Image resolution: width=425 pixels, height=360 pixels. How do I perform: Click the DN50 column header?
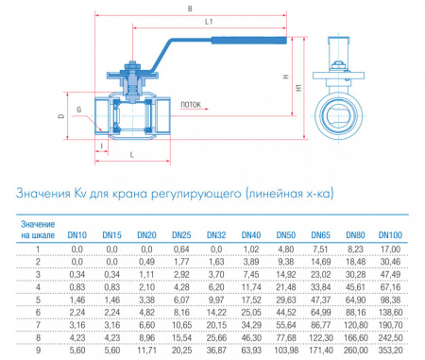[x=285, y=235]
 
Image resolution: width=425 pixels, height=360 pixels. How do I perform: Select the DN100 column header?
[x=390, y=235]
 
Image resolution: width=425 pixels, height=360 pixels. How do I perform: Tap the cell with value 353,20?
[x=390, y=350]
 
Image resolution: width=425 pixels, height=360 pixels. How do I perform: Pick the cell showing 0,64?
[x=181, y=249]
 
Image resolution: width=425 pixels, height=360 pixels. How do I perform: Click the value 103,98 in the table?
[x=285, y=350]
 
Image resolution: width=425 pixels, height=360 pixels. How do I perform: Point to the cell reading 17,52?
[x=251, y=300]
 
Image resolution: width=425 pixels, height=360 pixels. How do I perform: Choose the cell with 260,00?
[x=355, y=350]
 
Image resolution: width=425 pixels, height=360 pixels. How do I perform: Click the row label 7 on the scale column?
[x=38, y=325]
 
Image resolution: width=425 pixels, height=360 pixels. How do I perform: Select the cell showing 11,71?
[x=146, y=350]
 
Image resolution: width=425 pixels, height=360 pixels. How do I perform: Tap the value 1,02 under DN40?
[x=251, y=249]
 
